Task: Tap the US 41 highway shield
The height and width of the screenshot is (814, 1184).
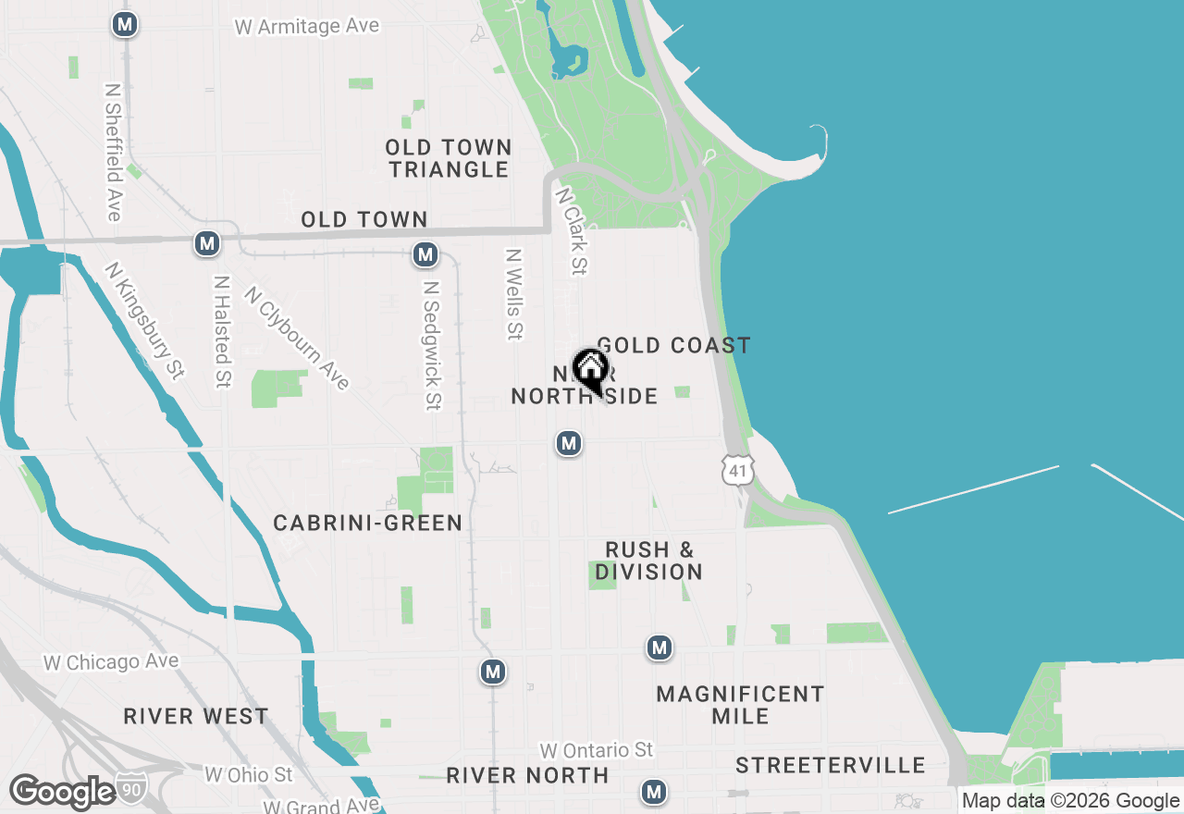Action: (x=736, y=469)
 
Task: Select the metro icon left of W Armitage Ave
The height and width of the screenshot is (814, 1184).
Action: (x=125, y=25)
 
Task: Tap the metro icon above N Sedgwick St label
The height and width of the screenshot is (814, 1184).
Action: (x=425, y=254)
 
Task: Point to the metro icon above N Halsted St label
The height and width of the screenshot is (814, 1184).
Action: (x=207, y=244)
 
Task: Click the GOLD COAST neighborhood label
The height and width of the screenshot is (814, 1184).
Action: (x=673, y=346)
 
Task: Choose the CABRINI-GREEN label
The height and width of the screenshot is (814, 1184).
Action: (x=367, y=524)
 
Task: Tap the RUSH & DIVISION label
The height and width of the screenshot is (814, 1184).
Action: (x=648, y=561)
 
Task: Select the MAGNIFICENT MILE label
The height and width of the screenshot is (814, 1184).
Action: (x=740, y=705)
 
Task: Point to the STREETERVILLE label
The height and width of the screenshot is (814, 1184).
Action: (x=831, y=765)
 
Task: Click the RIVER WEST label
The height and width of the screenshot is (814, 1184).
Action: (x=196, y=716)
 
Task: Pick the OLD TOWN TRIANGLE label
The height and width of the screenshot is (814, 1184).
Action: (x=449, y=158)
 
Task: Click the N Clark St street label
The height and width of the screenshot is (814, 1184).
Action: (x=571, y=231)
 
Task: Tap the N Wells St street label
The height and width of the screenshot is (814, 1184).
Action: (x=514, y=293)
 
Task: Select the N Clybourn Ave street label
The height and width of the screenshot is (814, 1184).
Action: (x=297, y=338)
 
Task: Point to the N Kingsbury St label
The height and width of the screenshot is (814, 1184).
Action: (x=144, y=320)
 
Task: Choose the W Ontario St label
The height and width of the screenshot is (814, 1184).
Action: (x=597, y=749)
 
